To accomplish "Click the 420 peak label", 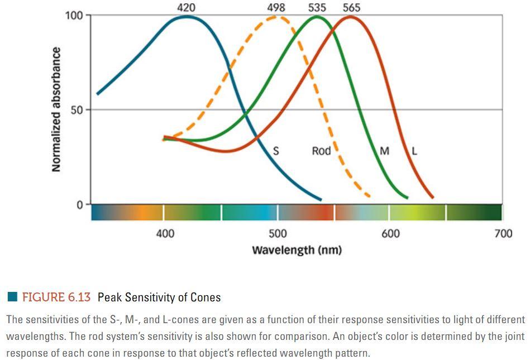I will [x=186, y=7].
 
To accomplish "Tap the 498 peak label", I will [x=276, y=7].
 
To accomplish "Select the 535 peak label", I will [x=317, y=7].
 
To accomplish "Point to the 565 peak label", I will [x=351, y=7].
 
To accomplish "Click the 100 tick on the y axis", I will [x=74, y=15].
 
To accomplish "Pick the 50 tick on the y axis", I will [x=77, y=110].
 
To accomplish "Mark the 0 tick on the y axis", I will [x=80, y=205].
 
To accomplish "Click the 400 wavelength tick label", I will [x=165, y=233].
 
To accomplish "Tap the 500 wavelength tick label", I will [x=278, y=233].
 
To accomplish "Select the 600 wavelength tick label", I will [x=390, y=233].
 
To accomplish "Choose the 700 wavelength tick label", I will [x=503, y=233].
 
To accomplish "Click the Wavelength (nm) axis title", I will [x=297, y=249].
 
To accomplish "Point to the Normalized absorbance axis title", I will [x=56, y=109].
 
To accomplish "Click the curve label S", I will [x=276, y=151].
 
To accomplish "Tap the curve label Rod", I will [x=321, y=151].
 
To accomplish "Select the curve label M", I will [x=384, y=151].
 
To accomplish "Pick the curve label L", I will [x=414, y=151].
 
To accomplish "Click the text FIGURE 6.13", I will [x=56, y=297].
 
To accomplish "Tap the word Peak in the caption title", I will [x=109, y=297].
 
